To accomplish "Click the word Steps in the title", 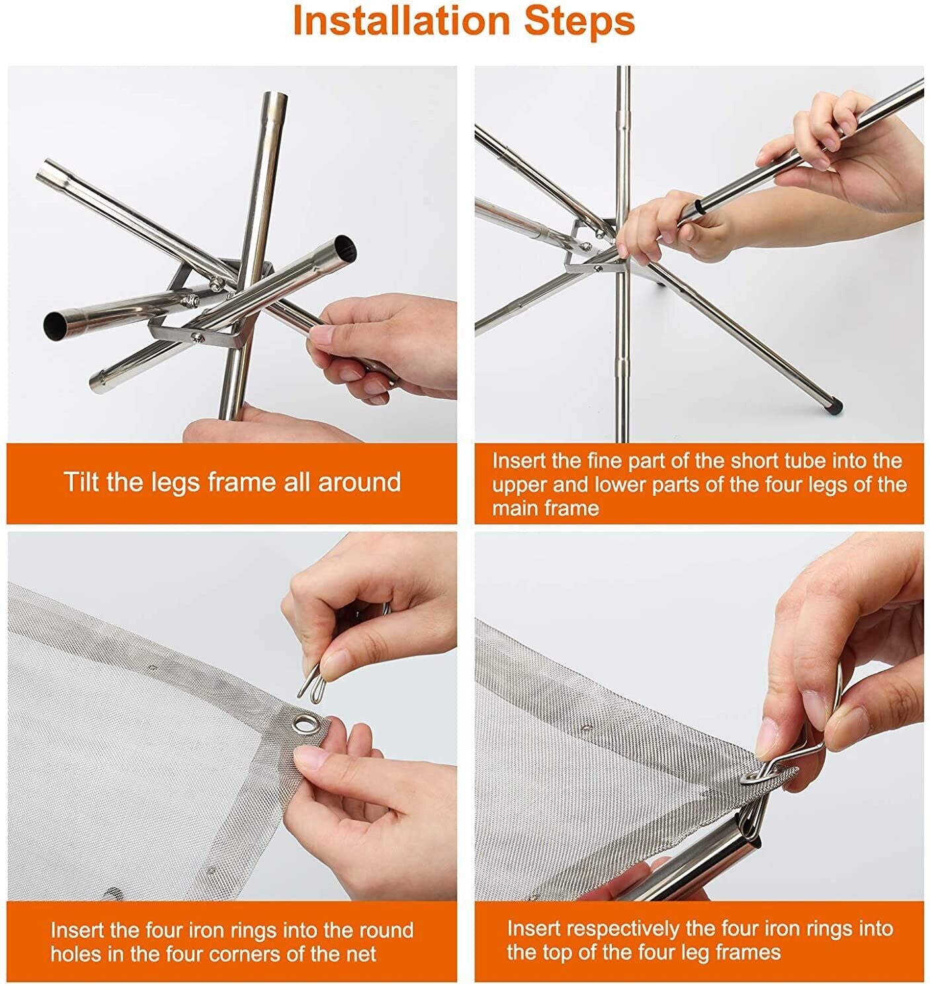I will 579,21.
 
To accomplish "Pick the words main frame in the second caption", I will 545,508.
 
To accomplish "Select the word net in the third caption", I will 360,954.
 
